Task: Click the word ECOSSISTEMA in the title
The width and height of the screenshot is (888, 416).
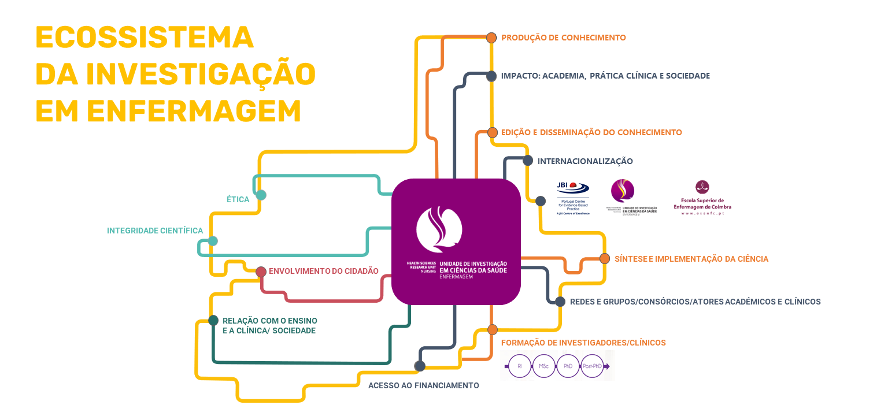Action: pyautogui.click(x=145, y=38)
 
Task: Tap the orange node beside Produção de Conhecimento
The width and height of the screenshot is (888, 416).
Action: pyautogui.click(x=491, y=38)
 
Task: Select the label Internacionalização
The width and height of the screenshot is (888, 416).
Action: pyautogui.click(x=585, y=161)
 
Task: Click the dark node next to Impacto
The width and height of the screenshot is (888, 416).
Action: pyautogui.click(x=491, y=76)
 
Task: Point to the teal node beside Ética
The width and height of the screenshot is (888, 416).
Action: pyautogui.click(x=261, y=195)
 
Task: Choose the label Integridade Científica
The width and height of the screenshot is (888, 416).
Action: pyautogui.click(x=155, y=231)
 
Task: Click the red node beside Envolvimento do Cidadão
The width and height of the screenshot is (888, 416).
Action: pyautogui.click(x=261, y=272)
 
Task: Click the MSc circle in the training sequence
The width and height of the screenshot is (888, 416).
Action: pyautogui.click(x=543, y=366)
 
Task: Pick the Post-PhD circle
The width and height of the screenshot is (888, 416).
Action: pyautogui.click(x=592, y=366)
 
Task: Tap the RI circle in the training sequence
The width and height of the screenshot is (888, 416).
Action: pyautogui.click(x=519, y=366)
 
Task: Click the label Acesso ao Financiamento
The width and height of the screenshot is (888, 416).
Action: pyautogui.click(x=424, y=385)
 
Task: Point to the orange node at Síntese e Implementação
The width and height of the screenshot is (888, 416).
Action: pyautogui.click(x=605, y=258)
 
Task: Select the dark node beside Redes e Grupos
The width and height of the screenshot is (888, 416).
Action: pyautogui.click(x=560, y=302)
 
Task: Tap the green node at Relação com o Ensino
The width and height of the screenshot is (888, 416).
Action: pyautogui.click(x=213, y=321)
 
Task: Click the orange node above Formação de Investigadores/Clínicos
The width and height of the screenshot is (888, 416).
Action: pyautogui.click(x=493, y=329)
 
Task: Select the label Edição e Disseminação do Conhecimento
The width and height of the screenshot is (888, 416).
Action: pyautogui.click(x=591, y=132)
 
